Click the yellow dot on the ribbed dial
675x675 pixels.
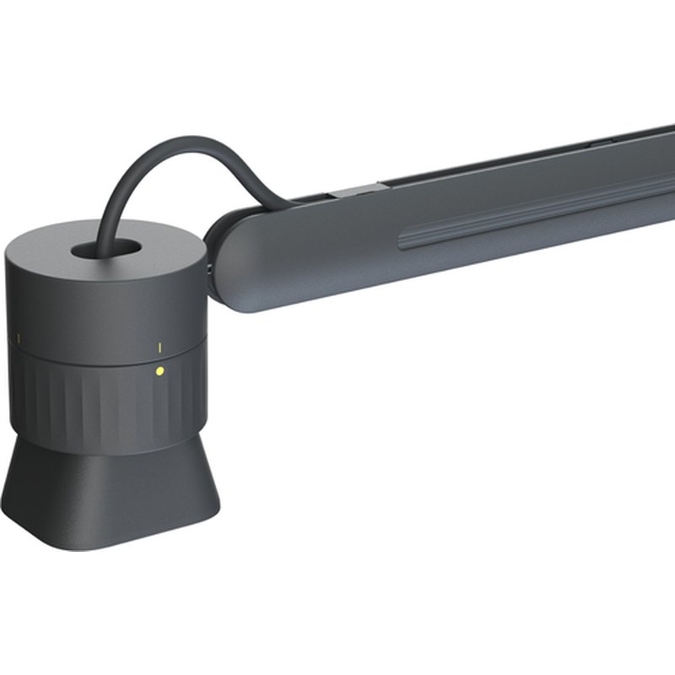point(159,370)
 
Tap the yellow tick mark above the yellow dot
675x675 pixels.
point(159,347)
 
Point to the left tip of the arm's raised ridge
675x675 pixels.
point(402,244)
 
